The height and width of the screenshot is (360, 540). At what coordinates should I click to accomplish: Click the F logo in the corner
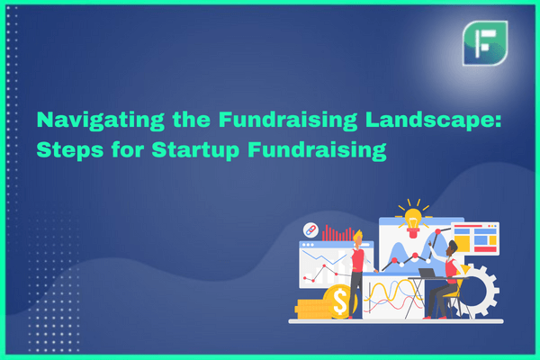[485, 43]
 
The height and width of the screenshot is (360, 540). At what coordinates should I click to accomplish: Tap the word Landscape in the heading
[433, 121]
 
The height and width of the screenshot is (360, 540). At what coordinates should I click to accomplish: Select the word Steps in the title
[70, 150]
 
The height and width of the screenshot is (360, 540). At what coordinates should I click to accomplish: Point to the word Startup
[195, 150]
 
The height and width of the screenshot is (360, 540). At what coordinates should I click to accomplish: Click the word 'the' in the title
[192, 119]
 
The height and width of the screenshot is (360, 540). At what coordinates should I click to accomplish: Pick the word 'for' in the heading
[128, 149]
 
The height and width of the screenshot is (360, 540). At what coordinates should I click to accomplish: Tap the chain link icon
[310, 230]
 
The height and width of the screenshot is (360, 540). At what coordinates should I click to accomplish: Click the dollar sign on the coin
[340, 302]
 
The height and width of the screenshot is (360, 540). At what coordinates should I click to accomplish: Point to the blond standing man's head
[358, 238]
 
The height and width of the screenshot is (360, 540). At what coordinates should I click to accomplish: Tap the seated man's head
[452, 248]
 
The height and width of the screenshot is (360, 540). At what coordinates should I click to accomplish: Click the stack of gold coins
[312, 309]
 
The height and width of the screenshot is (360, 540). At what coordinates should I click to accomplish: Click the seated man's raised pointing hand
[431, 244]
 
